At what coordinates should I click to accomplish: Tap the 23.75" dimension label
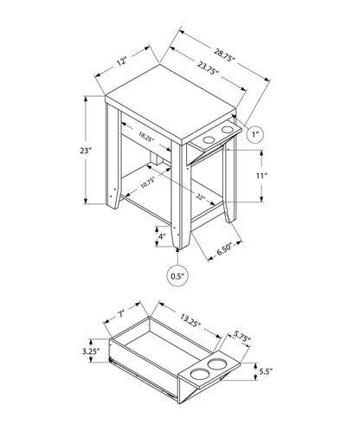tap(207, 74)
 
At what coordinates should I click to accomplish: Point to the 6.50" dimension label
tap(227, 249)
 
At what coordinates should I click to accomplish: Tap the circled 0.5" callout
tap(177, 276)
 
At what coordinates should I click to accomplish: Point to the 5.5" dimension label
tap(267, 372)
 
